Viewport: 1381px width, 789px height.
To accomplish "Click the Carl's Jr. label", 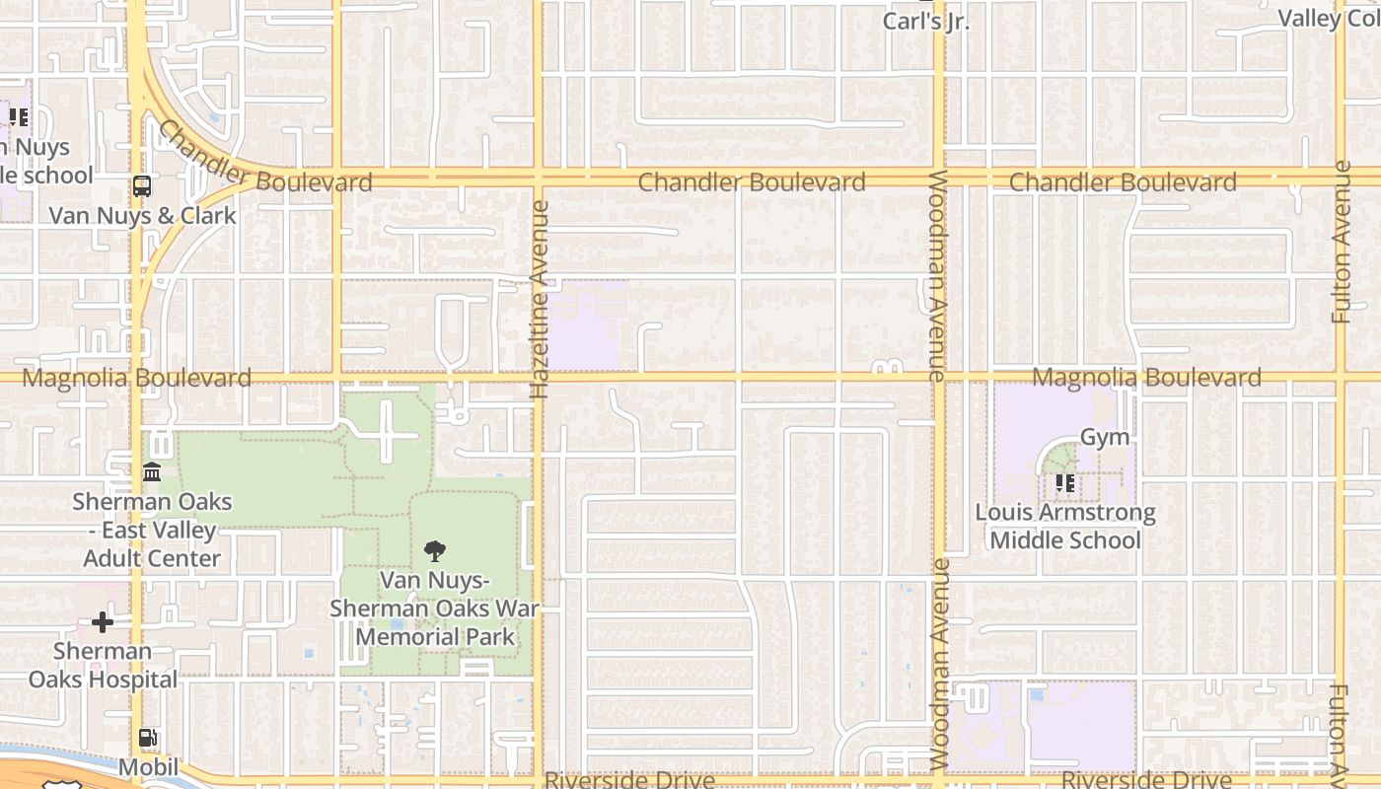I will pyautogui.click(x=926, y=21).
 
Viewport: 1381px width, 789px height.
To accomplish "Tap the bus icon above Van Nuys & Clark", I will pyautogui.click(x=142, y=185).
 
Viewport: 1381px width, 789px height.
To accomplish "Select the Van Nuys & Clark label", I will pyautogui.click(x=143, y=215).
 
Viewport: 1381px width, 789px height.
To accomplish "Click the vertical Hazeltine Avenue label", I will pyautogui.click(x=540, y=300).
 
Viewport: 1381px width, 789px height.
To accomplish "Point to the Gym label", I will pyautogui.click(x=1105, y=437).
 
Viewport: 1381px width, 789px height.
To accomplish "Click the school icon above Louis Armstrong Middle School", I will pyautogui.click(x=1064, y=483).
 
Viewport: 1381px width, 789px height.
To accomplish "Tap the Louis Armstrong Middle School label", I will pyautogui.click(x=1065, y=527).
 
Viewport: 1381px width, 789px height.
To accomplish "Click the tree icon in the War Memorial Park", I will pyautogui.click(x=434, y=551).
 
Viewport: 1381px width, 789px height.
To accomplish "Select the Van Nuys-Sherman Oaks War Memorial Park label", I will pyautogui.click(x=434, y=609).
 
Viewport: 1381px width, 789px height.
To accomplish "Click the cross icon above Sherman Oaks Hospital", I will pyautogui.click(x=103, y=622).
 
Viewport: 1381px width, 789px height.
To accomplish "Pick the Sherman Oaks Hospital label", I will pyautogui.click(x=103, y=666).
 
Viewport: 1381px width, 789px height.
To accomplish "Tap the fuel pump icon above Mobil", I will pyautogui.click(x=148, y=738).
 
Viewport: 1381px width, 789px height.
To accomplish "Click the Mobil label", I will pyautogui.click(x=148, y=767).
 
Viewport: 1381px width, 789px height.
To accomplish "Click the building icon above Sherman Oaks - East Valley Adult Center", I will pyautogui.click(x=152, y=472).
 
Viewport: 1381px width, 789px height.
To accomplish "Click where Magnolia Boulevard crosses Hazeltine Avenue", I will pyautogui.click(x=538, y=377).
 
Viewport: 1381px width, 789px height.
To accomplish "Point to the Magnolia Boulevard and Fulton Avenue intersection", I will pyautogui.click(x=1340, y=377).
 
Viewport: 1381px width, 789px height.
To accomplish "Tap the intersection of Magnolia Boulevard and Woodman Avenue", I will pyautogui.click(x=939, y=377).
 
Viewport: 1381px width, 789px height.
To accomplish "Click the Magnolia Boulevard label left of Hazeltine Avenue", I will pyautogui.click(x=136, y=378).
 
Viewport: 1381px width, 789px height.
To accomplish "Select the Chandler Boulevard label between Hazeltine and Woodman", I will pyautogui.click(x=752, y=182).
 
